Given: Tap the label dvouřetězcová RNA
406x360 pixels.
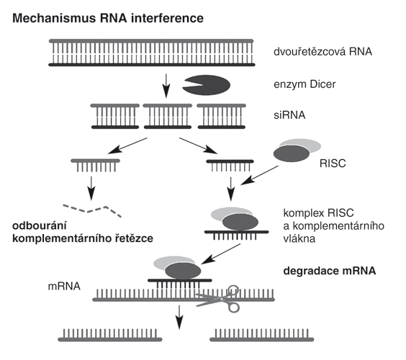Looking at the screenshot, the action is [x=322, y=52].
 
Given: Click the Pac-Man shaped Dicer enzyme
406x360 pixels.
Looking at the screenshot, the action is [x=207, y=85].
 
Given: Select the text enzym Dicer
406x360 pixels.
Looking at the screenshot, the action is [x=304, y=84].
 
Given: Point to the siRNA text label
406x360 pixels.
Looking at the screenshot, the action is [x=289, y=115].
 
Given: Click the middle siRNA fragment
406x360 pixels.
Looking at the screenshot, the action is [x=168, y=117].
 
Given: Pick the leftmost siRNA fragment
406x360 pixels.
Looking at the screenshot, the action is [x=114, y=117].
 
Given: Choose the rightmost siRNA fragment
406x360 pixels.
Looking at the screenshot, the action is [x=222, y=117].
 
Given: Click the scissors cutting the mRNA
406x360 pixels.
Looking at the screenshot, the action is [x=219, y=299].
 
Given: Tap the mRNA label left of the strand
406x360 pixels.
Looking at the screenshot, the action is [x=64, y=287].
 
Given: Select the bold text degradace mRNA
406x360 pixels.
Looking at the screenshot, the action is [x=330, y=271].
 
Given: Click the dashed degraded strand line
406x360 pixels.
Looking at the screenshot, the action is [x=92, y=211].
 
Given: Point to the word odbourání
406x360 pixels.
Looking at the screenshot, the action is [x=40, y=225].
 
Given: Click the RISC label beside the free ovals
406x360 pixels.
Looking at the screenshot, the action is [x=333, y=163].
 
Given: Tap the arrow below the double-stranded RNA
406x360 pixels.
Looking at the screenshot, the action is [x=166, y=86].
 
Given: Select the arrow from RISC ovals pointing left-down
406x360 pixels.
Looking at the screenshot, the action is [x=259, y=176].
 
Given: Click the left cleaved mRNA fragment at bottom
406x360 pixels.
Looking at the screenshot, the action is [x=110, y=336].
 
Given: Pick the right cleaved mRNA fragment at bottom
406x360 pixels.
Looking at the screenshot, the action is [x=262, y=336].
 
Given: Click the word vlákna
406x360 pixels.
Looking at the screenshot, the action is [x=299, y=238].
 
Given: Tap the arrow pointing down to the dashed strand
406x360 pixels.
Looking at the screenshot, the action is [x=91, y=189].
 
